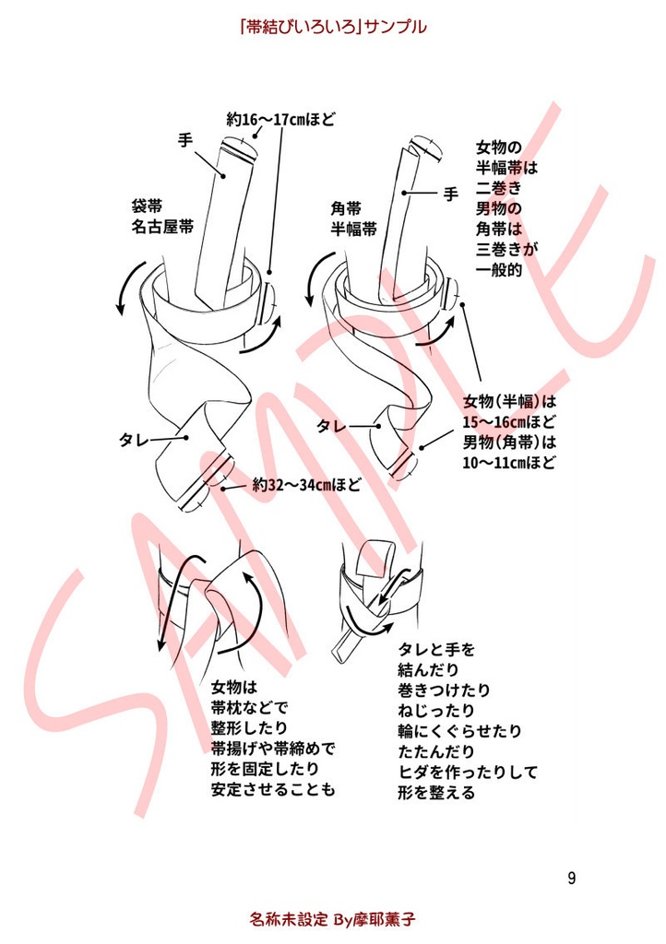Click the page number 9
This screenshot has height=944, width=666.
pyautogui.click(x=572, y=877)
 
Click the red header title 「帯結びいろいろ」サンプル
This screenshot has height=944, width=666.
pyautogui.click(x=332, y=27)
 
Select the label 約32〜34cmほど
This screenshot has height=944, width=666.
pyautogui.click(x=306, y=483)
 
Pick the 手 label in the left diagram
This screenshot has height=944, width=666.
pyautogui.click(x=184, y=140)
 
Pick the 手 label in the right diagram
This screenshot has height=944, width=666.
pyautogui.click(x=450, y=194)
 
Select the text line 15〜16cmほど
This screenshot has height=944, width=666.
pyautogui.click(x=510, y=422)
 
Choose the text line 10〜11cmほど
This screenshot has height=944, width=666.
pyautogui.click(x=510, y=463)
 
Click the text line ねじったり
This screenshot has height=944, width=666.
pyautogui.click(x=436, y=710)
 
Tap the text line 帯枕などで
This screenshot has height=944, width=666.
pyautogui.click(x=250, y=708)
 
